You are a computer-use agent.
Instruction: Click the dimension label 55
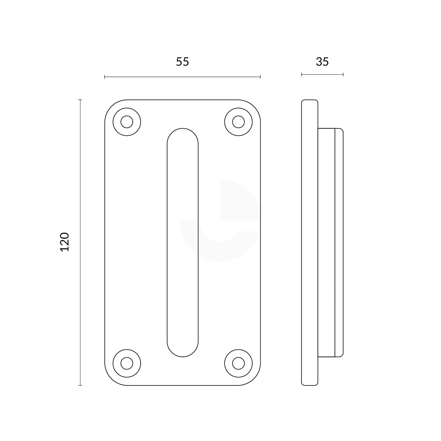tap(182, 62)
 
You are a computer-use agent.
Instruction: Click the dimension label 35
tap(322, 62)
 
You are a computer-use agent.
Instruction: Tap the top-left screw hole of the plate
tap(127, 122)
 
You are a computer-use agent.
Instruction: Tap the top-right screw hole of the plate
tap(238, 122)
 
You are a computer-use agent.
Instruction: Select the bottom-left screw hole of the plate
tap(127, 363)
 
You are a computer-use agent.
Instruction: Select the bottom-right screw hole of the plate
tap(238, 363)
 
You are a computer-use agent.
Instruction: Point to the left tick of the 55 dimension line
tap(105, 77)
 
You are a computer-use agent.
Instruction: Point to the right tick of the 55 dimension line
tap(260, 77)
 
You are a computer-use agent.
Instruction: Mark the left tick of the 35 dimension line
tap(301, 75)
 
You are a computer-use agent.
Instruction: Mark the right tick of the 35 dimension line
tap(343, 75)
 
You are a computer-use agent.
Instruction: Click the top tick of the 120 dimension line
tap(80, 100)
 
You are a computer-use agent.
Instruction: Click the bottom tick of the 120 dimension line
tap(80, 385)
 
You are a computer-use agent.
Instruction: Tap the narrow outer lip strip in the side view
tap(339, 242)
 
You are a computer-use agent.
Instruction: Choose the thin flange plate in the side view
tap(310, 242)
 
